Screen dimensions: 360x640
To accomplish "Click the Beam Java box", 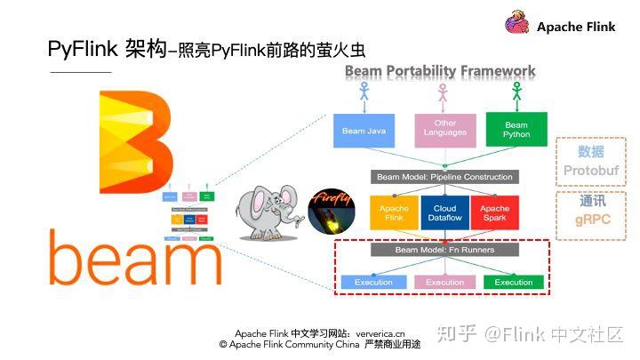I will point(364,131).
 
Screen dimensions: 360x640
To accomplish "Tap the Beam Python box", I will point(516,130).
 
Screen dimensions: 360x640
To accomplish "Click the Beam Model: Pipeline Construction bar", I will point(444,176).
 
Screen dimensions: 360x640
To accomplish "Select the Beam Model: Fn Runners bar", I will point(444,250).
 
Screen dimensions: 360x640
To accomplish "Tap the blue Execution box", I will point(372,282).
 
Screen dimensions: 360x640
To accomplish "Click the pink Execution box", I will point(444,282).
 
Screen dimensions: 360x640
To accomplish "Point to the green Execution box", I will point(514,282).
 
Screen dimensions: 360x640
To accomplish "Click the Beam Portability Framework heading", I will point(439,70).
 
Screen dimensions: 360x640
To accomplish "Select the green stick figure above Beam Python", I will point(516,94).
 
